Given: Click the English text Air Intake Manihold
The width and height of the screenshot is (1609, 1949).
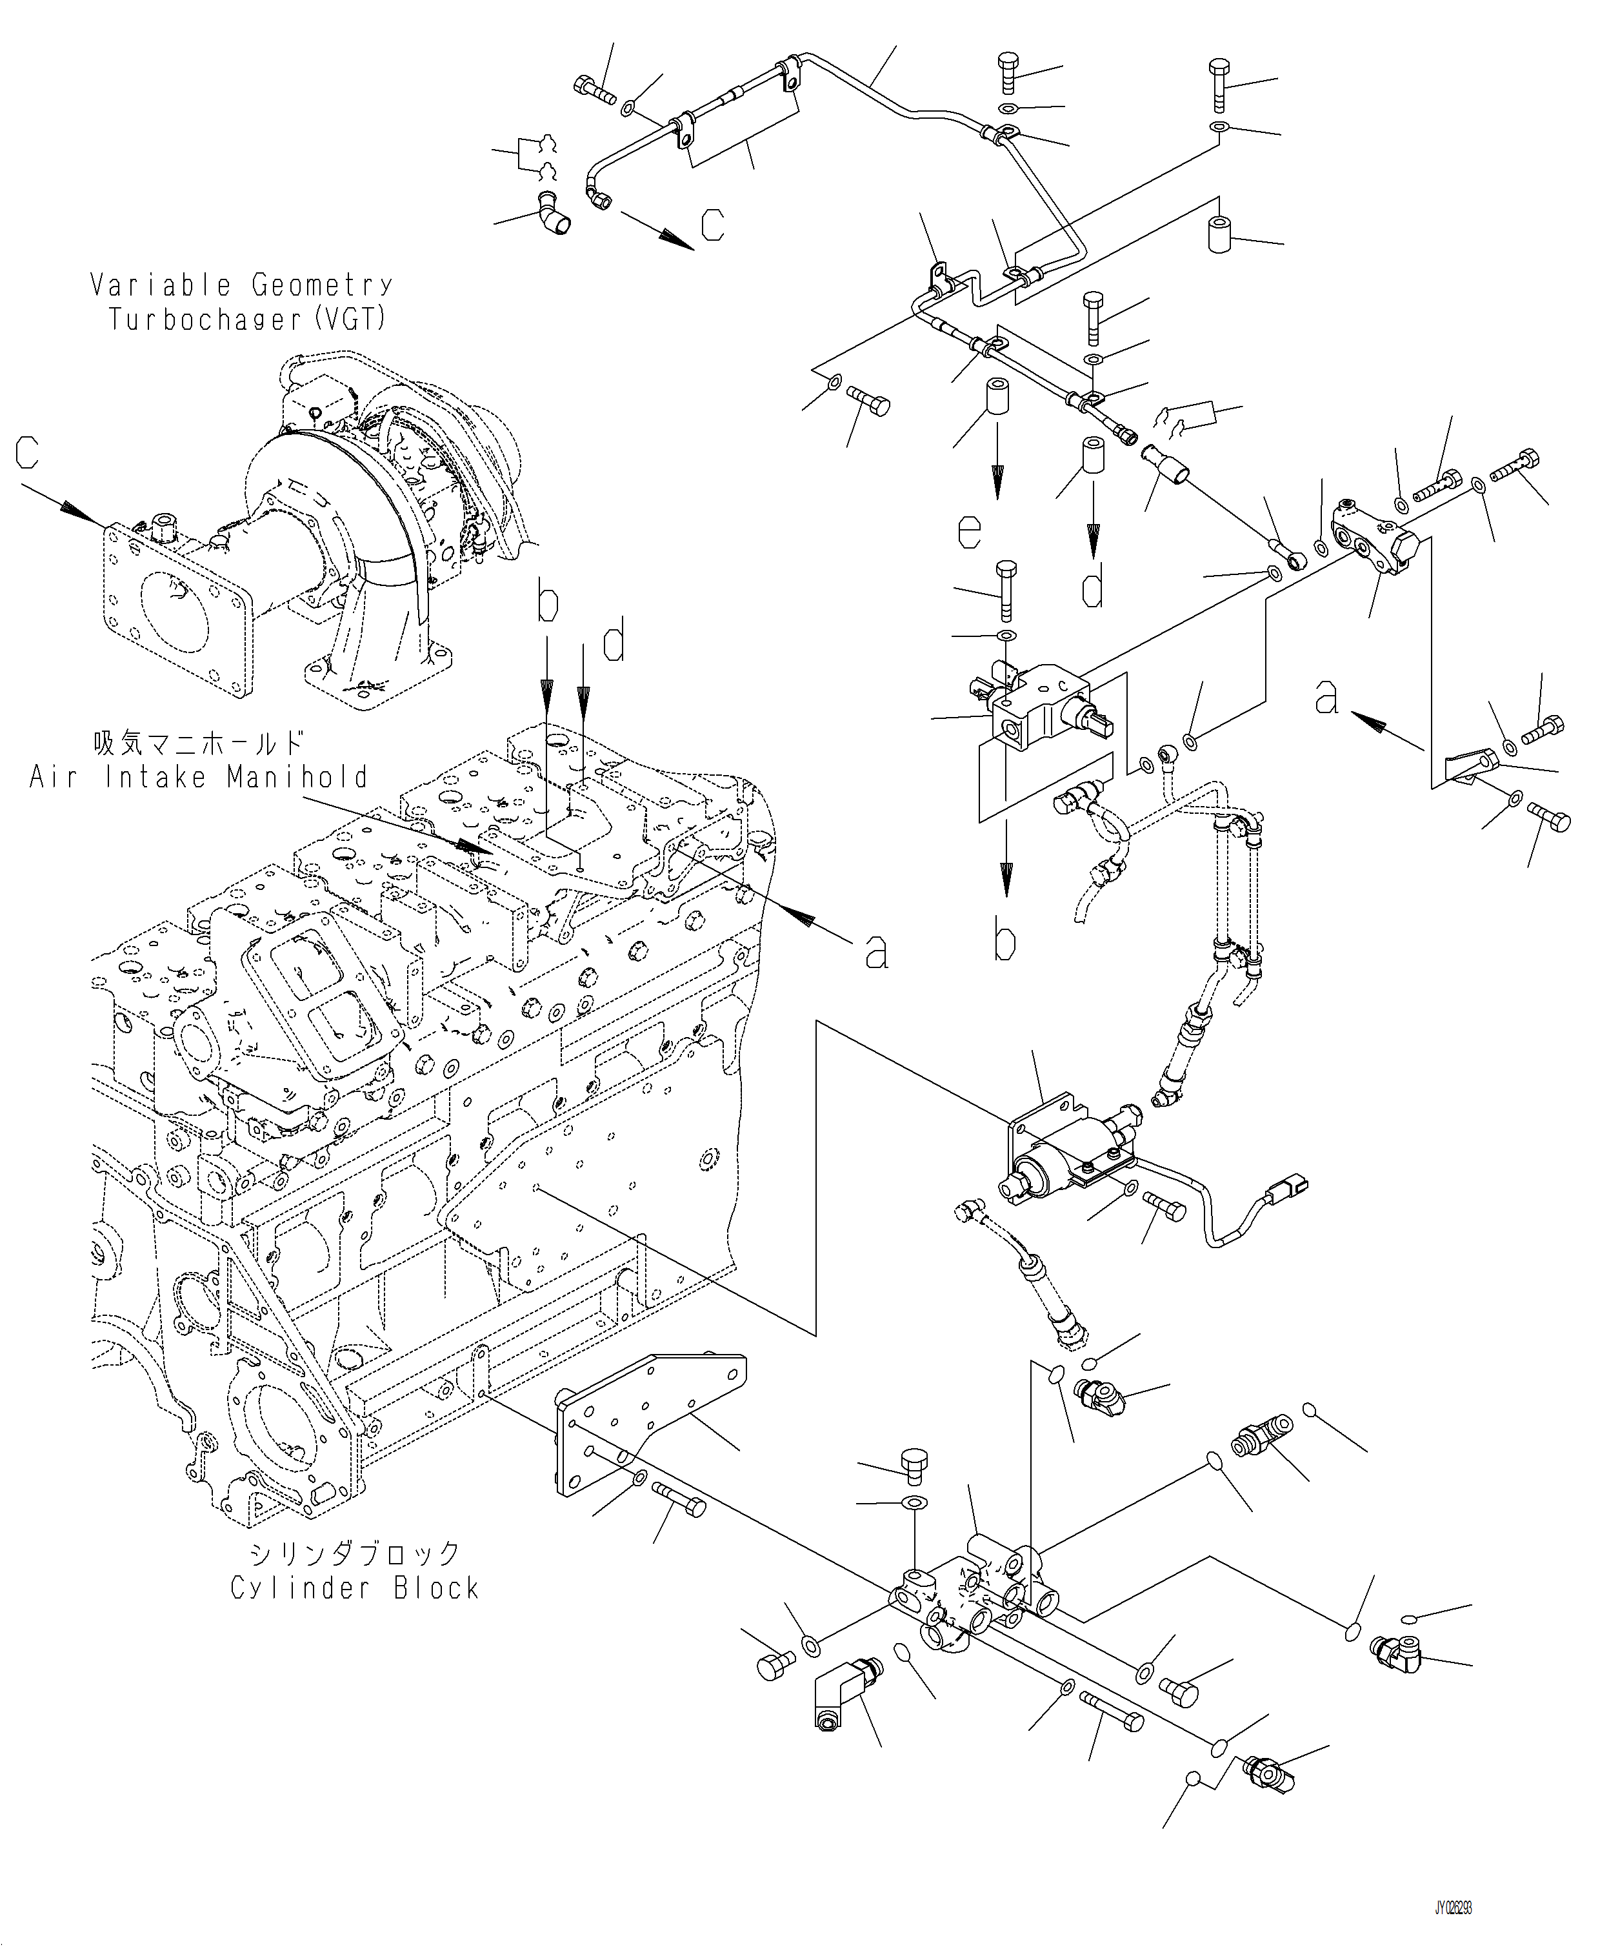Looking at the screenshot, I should click(199, 777).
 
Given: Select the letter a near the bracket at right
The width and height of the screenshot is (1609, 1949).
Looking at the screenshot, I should click(1327, 696).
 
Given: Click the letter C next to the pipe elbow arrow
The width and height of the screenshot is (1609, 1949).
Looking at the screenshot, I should click(712, 225).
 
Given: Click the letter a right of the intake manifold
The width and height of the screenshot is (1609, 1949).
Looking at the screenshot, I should click(876, 951).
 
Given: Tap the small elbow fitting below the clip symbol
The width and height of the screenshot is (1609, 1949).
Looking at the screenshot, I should click(554, 210).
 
